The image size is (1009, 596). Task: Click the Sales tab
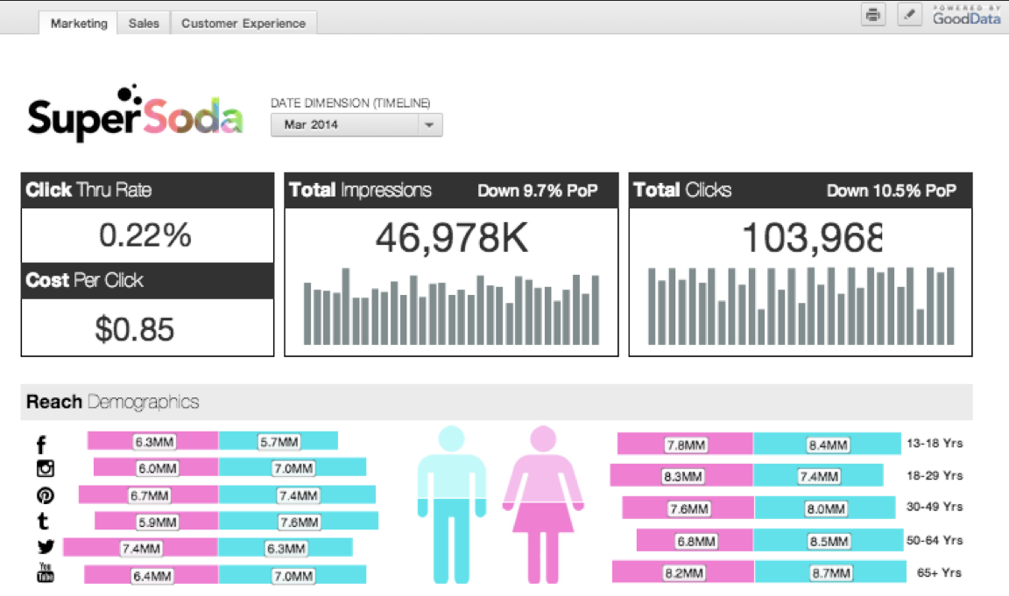click(x=144, y=24)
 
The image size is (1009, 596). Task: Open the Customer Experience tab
click(x=243, y=24)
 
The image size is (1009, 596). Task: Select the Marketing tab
click(x=79, y=24)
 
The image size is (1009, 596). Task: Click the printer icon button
click(x=873, y=15)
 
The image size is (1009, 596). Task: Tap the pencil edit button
click(x=910, y=15)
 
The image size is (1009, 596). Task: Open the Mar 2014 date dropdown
click(x=356, y=125)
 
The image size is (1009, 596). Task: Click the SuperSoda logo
click(x=135, y=116)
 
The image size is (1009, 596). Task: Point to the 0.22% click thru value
click(x=145, y=235)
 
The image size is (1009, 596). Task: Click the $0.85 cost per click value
click(x=135, y=329)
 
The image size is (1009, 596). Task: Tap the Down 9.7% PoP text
click(x=538, y=191)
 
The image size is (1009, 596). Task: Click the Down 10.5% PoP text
click(x=892, y=191)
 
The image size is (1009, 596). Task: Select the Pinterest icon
click(x=46, y=494)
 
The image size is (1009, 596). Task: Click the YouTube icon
click(x=46, y=573)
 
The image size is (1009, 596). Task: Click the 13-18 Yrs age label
click(x=935, y=444)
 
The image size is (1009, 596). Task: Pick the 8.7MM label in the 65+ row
click(x=828, y=573)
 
